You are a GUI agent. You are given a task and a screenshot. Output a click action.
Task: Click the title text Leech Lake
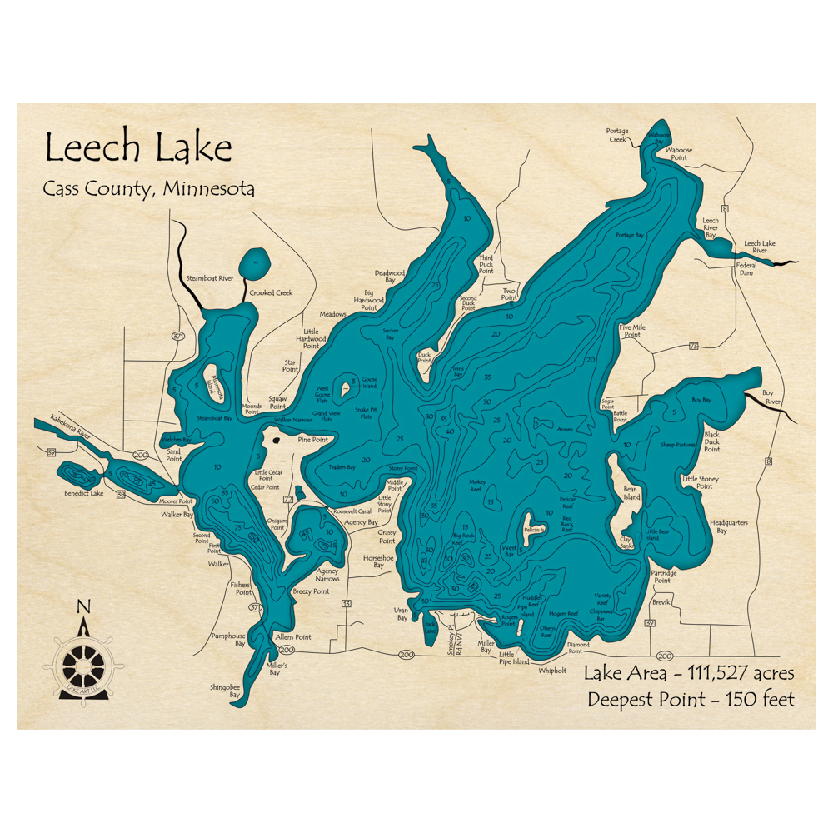coord(137,148)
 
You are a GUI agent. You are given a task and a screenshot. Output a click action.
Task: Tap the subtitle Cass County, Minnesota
coord(149,189)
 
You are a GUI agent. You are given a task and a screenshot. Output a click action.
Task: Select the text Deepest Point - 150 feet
coord(691,699)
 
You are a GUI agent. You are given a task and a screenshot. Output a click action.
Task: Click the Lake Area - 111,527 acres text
coord(689,673)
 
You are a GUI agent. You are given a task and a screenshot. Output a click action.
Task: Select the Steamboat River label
coord(209,277)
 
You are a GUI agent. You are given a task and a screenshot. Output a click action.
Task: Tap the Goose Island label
coord(369,382)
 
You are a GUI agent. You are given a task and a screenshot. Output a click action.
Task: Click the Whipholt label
coord(552,670)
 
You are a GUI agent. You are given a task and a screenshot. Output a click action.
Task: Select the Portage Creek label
coord(617,135)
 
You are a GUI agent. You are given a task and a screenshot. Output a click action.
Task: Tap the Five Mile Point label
coord(632,331)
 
